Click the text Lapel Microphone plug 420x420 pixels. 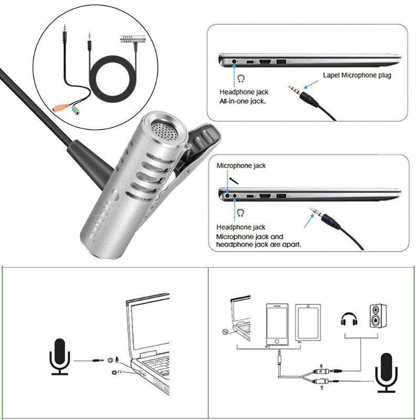point(357,75)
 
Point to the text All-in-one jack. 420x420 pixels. point(243,102)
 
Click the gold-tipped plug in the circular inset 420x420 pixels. point(90,37)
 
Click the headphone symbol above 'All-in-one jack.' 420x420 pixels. point(241,78)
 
